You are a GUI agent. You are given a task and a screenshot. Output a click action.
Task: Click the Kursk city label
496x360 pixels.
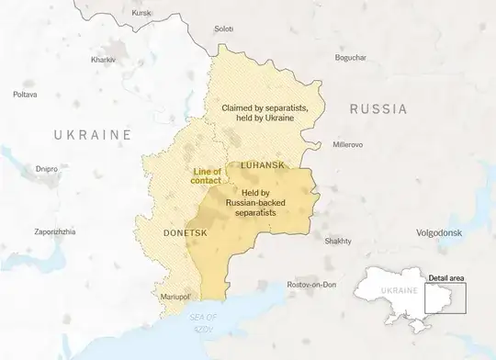pyautogui.click(x=141, y=13)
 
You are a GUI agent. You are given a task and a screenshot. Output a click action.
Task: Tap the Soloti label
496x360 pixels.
pyautogui.click(x=223, y=29)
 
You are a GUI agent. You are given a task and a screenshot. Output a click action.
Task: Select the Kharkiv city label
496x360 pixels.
pyautogui.click(x=103, y=59)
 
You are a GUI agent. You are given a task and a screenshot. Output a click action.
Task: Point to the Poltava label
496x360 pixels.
pyautogui.click(x=25, y=94)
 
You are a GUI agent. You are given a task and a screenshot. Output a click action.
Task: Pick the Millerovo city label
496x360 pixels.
pyautogui.click(x=347, y=144)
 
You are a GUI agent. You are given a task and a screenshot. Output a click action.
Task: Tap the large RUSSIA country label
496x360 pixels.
pyautogui.click(x=378, y=109)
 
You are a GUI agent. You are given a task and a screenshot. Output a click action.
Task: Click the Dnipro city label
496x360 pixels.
pyautogui.click(x=47, y=169)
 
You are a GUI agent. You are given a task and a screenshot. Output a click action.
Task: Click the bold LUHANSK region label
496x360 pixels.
pyautogui.click(x=262, y=163)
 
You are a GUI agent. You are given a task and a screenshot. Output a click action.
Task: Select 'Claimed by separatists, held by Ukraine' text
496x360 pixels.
pyautogui.click(x=265, y=115)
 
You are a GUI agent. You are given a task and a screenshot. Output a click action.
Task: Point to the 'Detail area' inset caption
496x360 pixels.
pyautogui.click(x=447, y=276)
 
